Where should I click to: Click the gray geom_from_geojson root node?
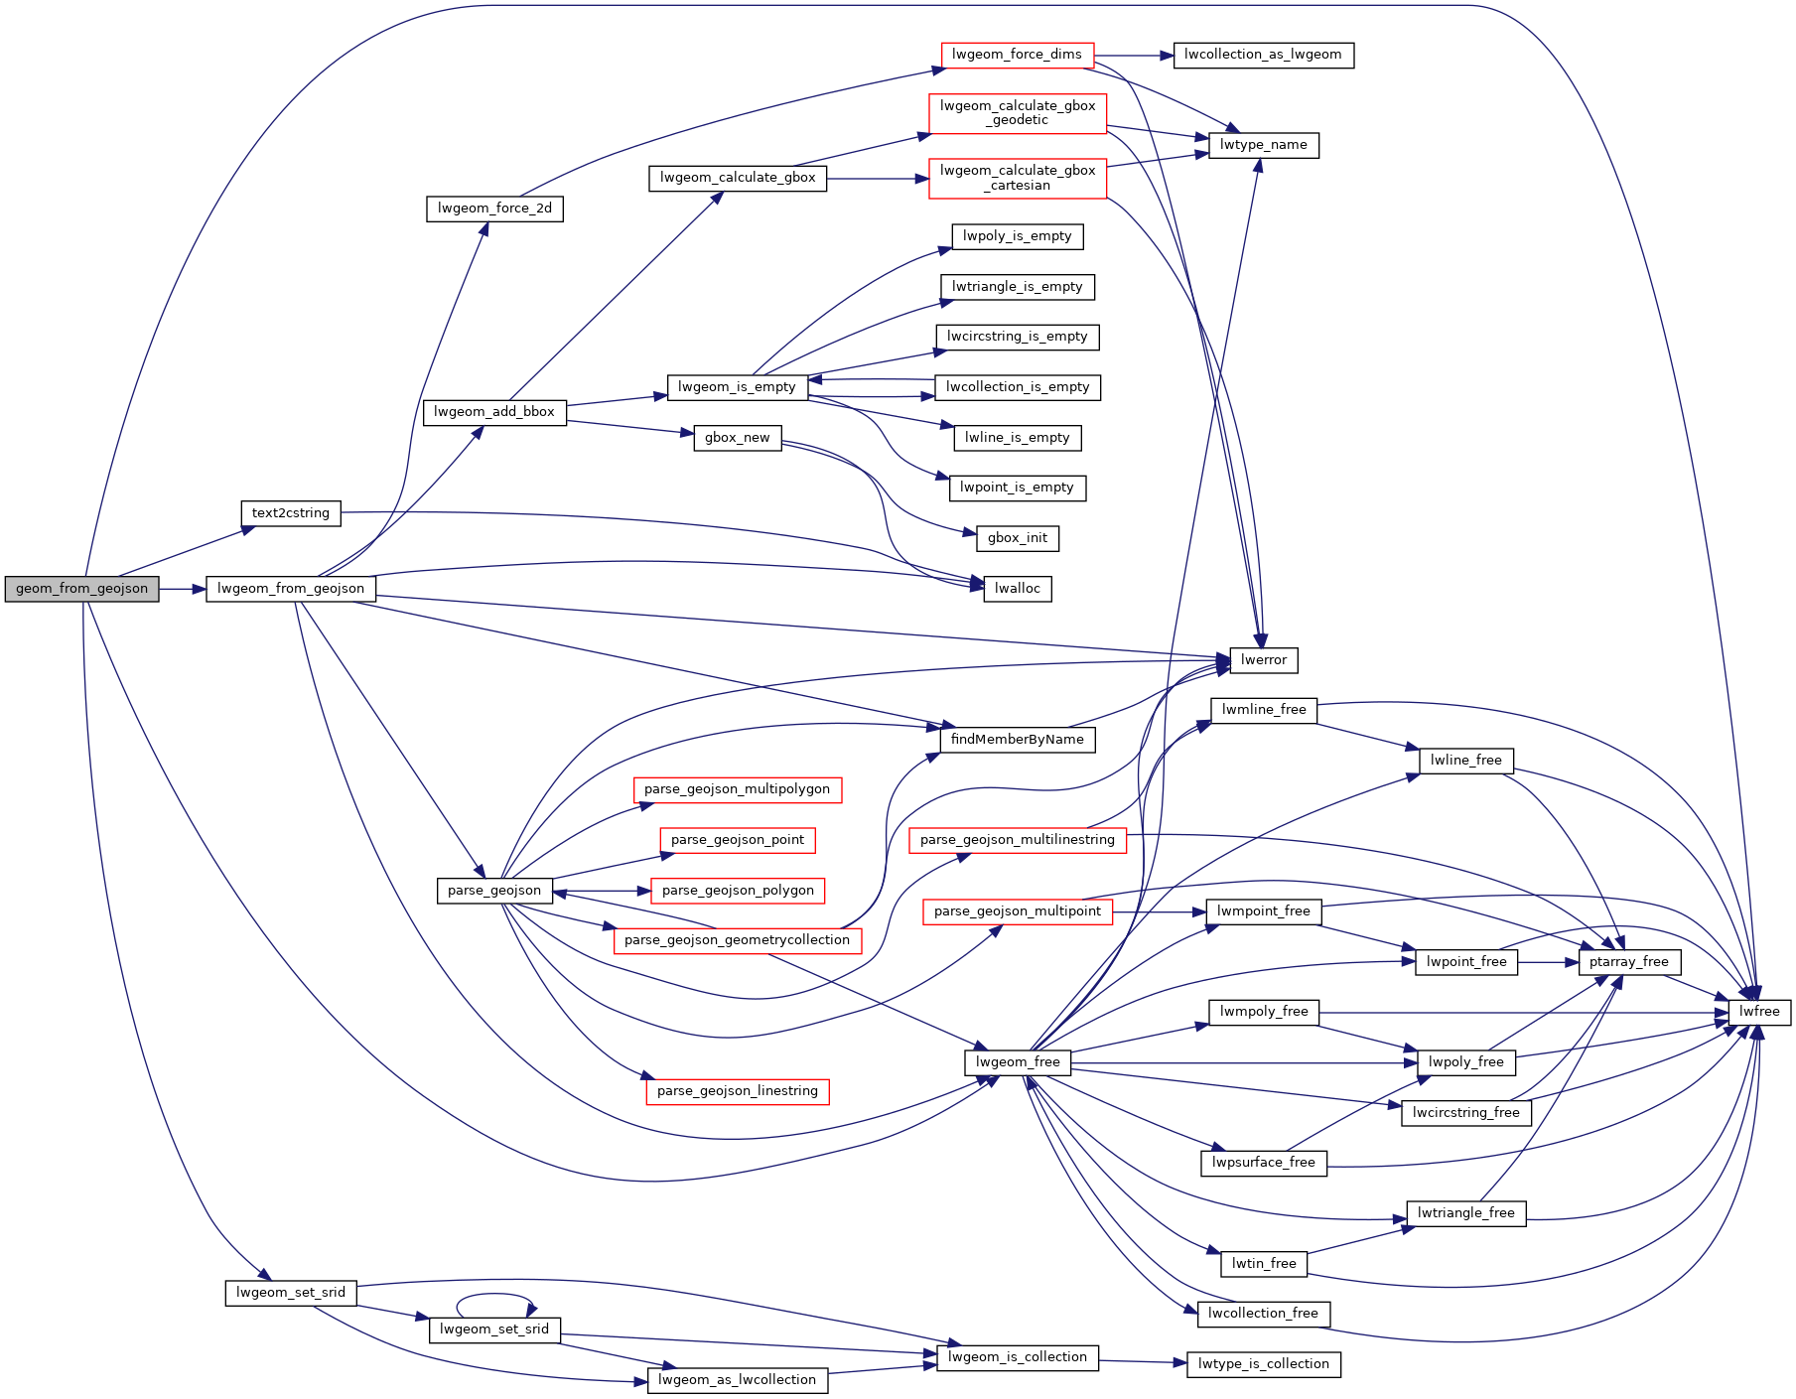click(x=81, y=589)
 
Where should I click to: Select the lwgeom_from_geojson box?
click(x=291, y=589)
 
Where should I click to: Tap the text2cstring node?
click(x=291, y=513)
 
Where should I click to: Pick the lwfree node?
click(x=1759, y=1012)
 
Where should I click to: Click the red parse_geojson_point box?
click(x=737, y=840)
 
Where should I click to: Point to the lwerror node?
click(x=1263, y=660)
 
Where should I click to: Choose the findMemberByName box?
click(x=1017, y=740)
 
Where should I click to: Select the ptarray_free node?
click(x=1628, y=962)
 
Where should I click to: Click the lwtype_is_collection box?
click(x=1263, y=1364)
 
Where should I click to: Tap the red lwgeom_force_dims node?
click(x=1017, y=55)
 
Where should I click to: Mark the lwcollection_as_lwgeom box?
click(x=1263, y=55)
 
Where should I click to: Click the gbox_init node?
click(x=1017, y=538)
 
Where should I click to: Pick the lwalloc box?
click(x=1017, y=589)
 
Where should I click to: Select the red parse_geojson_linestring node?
click(x=737, y=1091)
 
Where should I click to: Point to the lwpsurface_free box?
click(x=1263, y=1163)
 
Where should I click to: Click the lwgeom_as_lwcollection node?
click(x=737, y=1380)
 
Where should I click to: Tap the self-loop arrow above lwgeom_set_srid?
click(x=495, y=1295)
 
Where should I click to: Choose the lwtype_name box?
click(x=1263, y=145)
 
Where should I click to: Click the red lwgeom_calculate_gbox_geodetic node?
click(x=1017, y=113)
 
